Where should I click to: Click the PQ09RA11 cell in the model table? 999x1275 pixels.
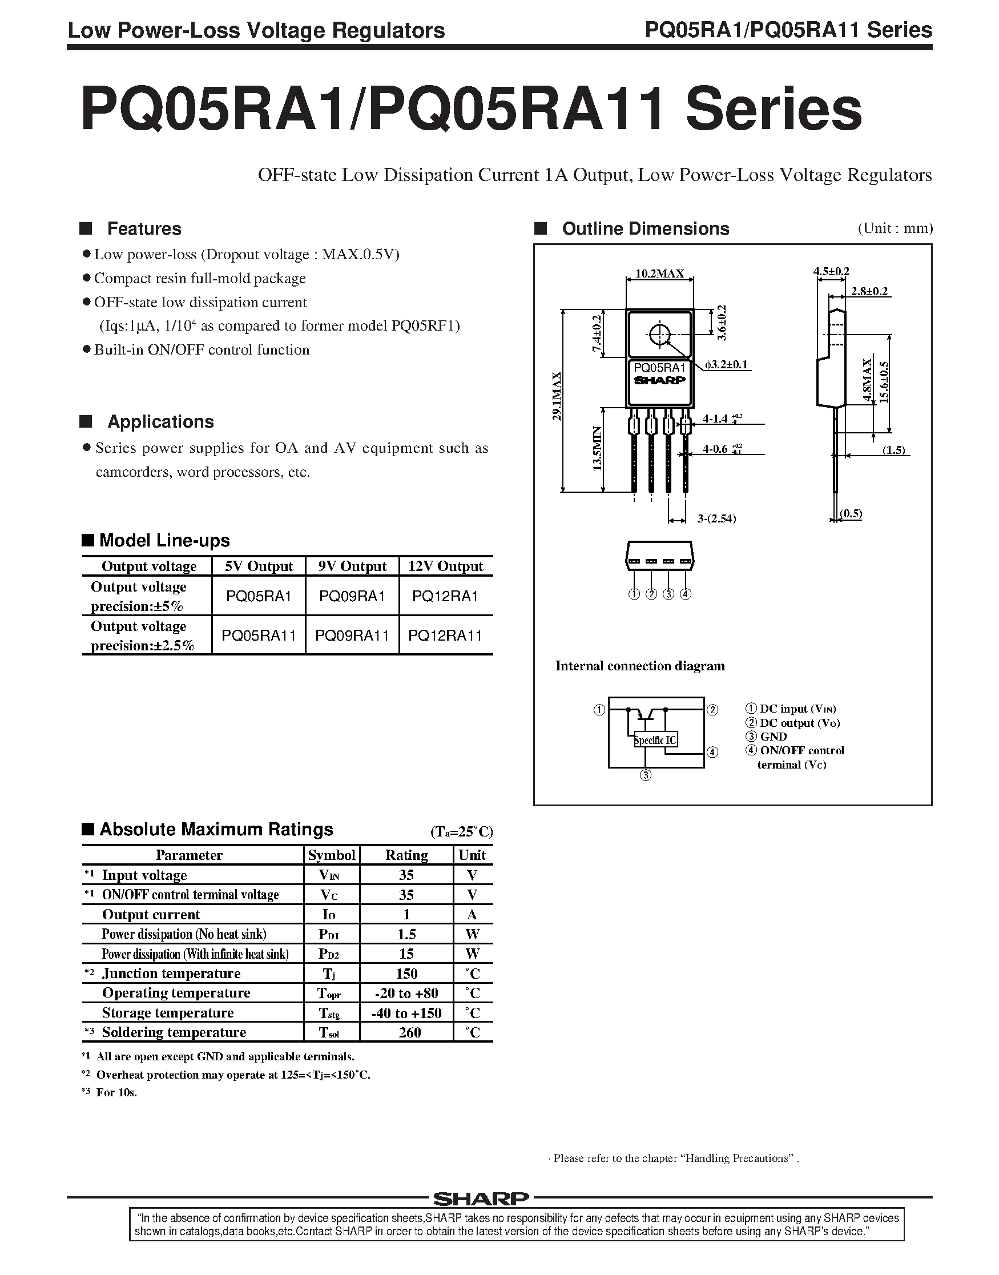[x=352, y=635]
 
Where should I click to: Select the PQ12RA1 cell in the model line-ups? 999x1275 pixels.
[x=445, y=596]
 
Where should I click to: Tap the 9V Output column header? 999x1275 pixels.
[x=352, y=566]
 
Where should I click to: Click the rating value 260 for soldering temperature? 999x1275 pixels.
[x=409, y=1032]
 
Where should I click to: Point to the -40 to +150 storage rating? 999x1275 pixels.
[x=406, y=1013]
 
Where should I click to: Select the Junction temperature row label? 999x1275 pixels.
[x=171, y=973]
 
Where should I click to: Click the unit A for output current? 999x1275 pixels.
[x=472, y=915]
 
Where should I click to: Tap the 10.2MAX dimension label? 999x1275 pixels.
[x=659, y=273]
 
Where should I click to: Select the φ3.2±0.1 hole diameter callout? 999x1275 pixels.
[x=726, y=365]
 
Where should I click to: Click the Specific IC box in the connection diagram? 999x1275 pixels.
[x=655, y=740]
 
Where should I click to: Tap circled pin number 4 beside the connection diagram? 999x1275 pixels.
[x=712, y=752]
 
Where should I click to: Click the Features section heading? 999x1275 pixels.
[x=144, y=229]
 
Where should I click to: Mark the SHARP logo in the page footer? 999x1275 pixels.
[x=481, y=1199]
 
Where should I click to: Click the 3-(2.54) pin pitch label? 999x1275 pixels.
[x=716, y=518]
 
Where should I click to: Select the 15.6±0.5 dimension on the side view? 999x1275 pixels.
[x=884, y=381]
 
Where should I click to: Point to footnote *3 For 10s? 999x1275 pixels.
[x=110, y=1092]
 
